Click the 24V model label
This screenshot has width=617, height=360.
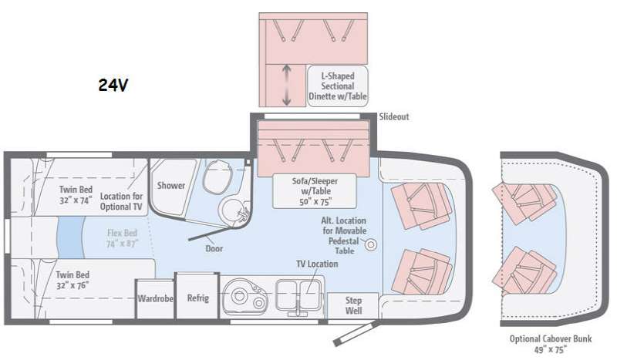tap(113, 85)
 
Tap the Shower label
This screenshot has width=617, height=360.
tap(171, 185)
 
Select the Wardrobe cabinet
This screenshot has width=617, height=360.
tap(155, 298)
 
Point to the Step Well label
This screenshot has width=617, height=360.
tap(353, 305)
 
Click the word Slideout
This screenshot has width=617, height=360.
tap(394, 116)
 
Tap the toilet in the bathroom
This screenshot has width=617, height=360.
tap(217, 177)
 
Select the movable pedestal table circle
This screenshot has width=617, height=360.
tap(370, 244)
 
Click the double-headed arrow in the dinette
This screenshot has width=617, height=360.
tap(287, 85)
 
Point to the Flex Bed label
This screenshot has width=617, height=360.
tap(122, 238)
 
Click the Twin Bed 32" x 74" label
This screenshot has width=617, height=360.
tap(76, 195)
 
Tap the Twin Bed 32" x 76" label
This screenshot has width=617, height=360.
tap(72, 280)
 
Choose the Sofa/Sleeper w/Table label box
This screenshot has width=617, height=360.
tap(315, 191)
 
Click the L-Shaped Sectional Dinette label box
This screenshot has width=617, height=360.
tap(338, 86)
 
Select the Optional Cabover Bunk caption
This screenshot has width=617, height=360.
tap(551, 344)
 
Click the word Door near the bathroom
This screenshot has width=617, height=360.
tap(214, 249)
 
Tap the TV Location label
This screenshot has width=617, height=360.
tap(317, 264)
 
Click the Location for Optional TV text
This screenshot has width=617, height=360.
tap(121, 201)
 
